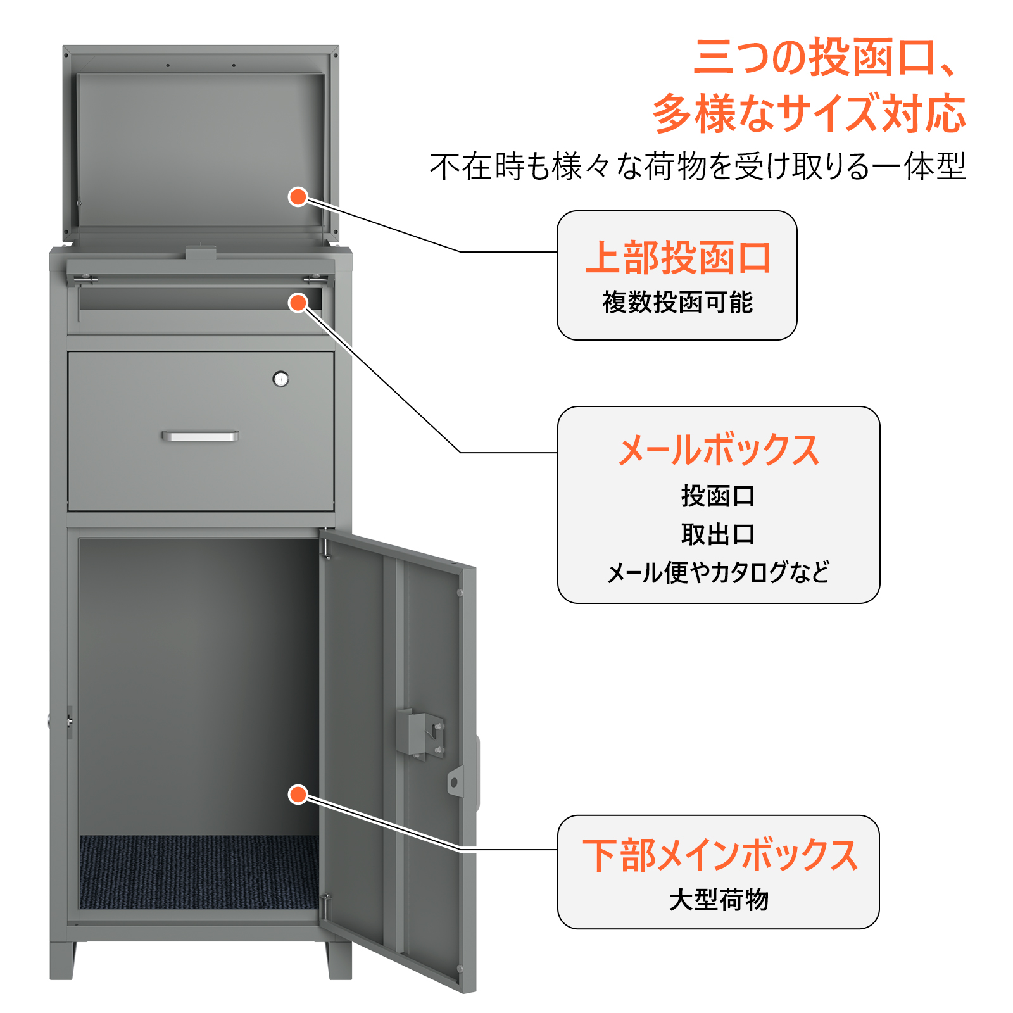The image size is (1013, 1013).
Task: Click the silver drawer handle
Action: tap(200, 436)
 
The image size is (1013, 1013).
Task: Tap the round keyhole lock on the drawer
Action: tap(280, 379)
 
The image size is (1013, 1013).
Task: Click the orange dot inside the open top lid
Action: tap(298, 197)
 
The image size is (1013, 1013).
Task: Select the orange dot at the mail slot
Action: tap(298, 303)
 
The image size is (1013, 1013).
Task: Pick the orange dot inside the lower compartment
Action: tap(298, 794)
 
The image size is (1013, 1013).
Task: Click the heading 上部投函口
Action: tap(678, 258)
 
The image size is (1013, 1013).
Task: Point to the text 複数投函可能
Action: tap(677, 303)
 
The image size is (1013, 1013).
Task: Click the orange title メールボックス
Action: tap(719, 450)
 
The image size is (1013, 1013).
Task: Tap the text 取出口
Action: tap(718, 534)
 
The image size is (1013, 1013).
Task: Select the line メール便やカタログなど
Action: tap(718, 572)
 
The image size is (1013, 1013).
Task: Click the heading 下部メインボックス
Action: tap(720, 855)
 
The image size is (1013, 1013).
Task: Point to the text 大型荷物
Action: tap(719, 900)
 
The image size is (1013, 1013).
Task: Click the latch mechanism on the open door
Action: tap(420, 734)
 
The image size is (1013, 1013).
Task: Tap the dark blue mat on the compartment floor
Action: tap(199, 872)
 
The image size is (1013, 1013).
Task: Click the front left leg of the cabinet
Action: tap(63, 960)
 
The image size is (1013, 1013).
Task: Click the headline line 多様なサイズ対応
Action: tap(809, 114)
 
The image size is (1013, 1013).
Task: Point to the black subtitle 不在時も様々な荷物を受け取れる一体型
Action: tap(698, 167)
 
